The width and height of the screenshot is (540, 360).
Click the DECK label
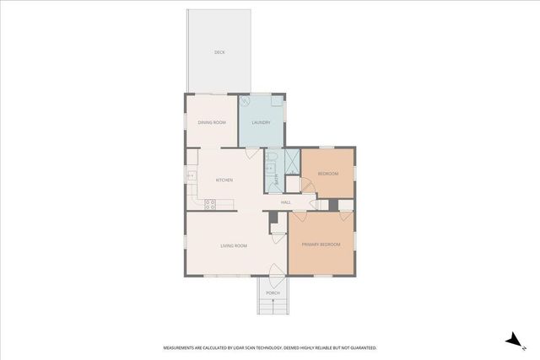pos(219,52)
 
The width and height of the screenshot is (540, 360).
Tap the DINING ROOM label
pos(212,123)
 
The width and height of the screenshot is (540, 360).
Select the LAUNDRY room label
pos(261,123)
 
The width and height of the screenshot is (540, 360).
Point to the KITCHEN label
pos(224,180)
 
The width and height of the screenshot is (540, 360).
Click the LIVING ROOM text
pos(234,245)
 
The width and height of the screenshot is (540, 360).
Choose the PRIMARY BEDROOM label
pos(321,244)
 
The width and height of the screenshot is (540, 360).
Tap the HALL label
pos(286,202)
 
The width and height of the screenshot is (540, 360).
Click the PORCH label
pos(273,293)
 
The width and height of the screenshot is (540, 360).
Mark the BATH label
pos(277,179)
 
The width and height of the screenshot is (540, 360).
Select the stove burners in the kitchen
pos(209,203)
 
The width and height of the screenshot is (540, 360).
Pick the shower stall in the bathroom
pos(291,159)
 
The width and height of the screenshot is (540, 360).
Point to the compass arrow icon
pos(512,340)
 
